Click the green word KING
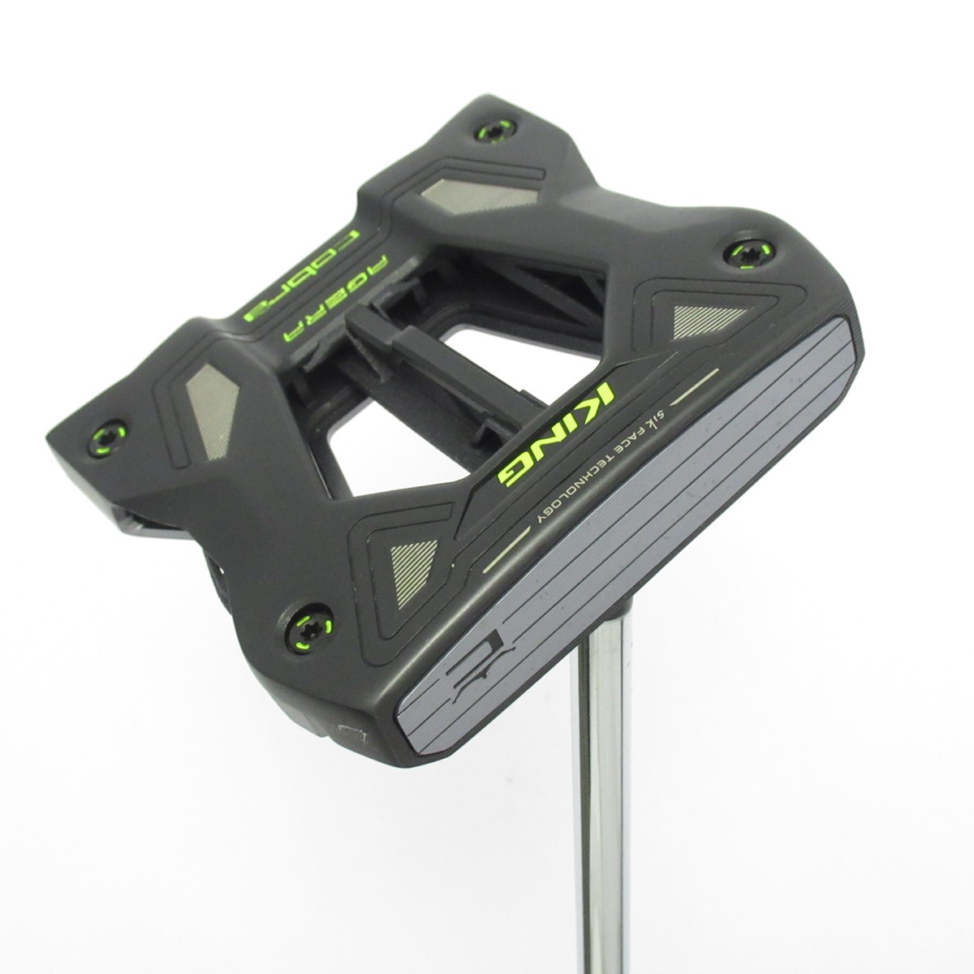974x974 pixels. pos(556,431)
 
